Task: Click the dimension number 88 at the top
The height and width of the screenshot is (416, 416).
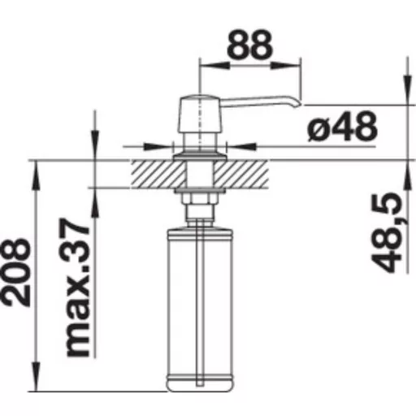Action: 249,45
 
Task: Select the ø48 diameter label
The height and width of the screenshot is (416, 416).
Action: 342,127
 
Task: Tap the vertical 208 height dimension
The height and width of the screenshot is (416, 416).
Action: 16,272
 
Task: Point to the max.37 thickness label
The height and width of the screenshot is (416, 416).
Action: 74,288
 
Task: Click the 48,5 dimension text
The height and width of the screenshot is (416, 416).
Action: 386,232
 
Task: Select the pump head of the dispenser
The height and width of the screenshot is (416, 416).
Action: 200,114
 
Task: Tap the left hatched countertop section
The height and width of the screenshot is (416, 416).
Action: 157,174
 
